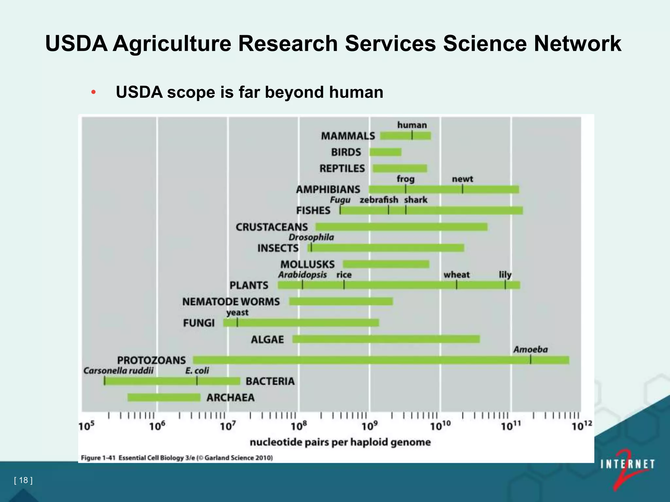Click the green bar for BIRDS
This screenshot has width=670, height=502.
385,152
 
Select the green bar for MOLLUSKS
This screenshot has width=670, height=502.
386,264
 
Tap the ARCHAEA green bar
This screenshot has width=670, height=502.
164,397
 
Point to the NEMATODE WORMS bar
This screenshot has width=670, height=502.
341,301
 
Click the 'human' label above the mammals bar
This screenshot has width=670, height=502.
412,125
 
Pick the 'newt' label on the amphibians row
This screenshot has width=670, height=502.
462,179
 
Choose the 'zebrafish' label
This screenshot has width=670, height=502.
379,200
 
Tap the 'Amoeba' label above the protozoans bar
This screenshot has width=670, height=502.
530,350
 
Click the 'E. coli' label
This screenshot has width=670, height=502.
197,371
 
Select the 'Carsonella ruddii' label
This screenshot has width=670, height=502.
118,371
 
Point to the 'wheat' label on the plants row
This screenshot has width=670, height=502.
456,275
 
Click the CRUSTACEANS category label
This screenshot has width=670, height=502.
272,227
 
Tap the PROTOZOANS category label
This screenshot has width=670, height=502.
151,360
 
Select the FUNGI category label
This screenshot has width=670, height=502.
199,323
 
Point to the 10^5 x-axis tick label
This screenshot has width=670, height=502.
86,426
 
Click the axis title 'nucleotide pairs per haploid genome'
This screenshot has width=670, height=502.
340,442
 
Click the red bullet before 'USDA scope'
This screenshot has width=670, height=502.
94,92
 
